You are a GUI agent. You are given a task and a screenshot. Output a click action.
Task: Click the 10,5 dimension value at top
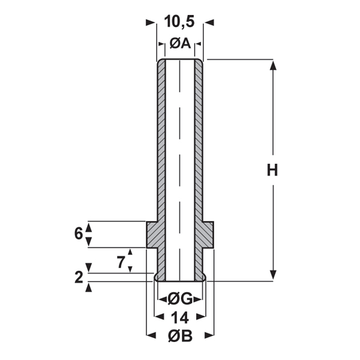(x=179, y=22)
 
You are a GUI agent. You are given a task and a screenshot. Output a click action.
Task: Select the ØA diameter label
(x=180, y=43)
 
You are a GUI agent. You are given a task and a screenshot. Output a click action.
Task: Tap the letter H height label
(x=272, y=170)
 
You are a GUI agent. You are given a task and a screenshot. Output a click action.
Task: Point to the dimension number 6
(x=79, y=234)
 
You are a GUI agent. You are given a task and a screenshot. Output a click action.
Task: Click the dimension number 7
(x=121, y=262)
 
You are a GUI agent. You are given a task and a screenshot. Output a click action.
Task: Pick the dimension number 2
(x=79, y=277)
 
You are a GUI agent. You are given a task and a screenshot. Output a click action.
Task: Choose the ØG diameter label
(x=180, y=299)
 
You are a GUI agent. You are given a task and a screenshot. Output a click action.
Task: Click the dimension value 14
(x=180, y=318)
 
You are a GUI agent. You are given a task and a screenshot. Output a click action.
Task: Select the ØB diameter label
(x=180, y=336)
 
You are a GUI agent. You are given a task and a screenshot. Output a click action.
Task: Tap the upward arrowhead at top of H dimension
(x=273, y=65)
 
